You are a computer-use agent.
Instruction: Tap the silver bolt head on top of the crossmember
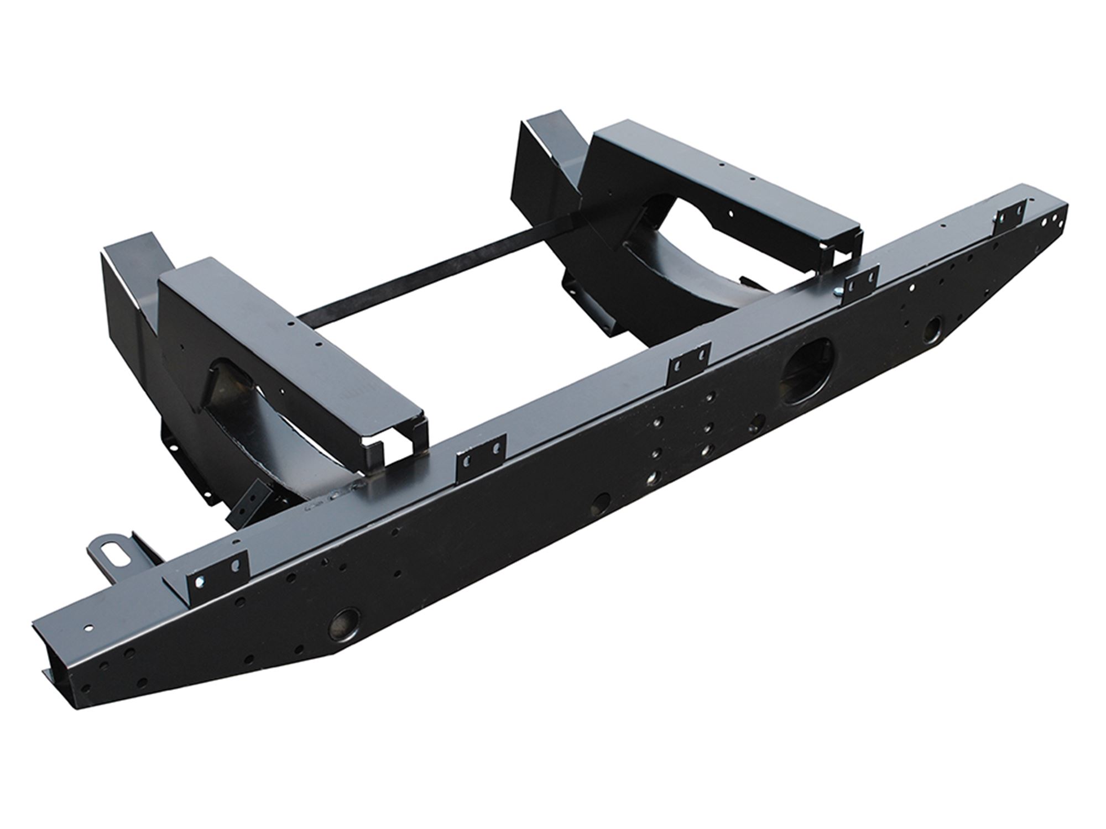click(x=838, y=292)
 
